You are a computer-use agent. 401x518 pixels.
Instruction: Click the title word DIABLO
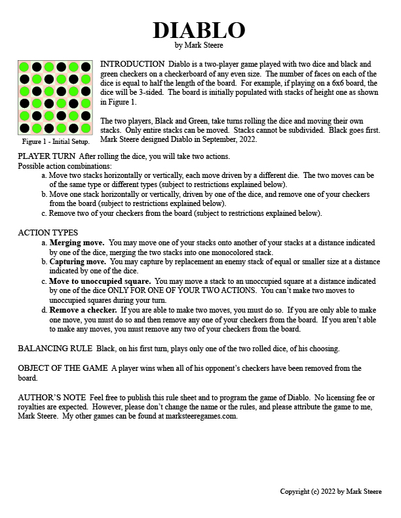pyautogui.click(x=199, y=30)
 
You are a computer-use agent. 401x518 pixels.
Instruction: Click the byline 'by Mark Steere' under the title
pyautogui.click(x=199, y=46)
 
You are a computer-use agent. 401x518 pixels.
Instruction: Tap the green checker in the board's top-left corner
pyautogui.click(x=24, y=67)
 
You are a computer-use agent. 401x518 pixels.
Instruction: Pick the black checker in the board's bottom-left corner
pyautogui.click(x=24, y=128)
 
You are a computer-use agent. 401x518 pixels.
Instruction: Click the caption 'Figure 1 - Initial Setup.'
pyautogui.click(x=56, y=141)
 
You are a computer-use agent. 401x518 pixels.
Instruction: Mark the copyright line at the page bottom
pyautogui.click(x=331, y=491)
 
